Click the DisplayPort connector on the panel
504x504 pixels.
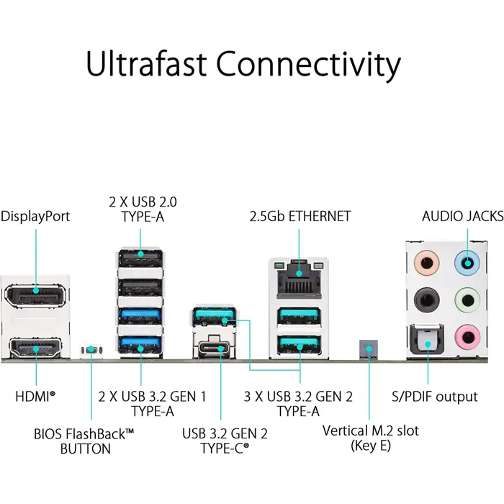(35, 295)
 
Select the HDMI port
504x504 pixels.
(35, 351)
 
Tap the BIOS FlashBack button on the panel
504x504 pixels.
(91, 350)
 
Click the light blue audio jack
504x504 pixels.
(467, 263)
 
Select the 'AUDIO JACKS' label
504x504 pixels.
(462, 216)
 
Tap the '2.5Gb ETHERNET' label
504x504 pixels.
(300, 216)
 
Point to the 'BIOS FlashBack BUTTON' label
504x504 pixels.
(84, 441)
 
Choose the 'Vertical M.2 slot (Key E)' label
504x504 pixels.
(370, 438)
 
